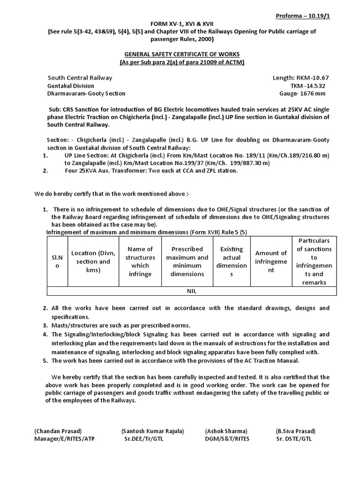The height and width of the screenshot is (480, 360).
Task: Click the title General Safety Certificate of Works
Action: [180, 54]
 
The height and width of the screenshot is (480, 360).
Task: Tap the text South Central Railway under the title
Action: [80, 78]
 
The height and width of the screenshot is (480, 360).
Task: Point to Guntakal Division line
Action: [70, 86]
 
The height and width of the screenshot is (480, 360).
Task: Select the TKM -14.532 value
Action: [307, 86]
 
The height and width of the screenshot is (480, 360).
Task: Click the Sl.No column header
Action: [57, 262]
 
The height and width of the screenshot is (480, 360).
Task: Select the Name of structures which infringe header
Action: [141, 262]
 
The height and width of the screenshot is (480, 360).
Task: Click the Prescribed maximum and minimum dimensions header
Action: [187, 262]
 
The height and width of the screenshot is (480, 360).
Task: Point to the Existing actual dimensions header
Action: [232, 262]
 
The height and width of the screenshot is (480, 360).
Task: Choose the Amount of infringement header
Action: [271, 262]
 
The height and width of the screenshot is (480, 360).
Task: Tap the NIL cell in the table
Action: [191, 291]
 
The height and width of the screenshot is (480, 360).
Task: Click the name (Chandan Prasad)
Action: [58, 431]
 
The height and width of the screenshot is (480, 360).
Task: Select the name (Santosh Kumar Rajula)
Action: [152, 431]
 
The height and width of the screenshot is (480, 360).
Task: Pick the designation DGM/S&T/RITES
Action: [227, 439]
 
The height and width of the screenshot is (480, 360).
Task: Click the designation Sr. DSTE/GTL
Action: [294, 439]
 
